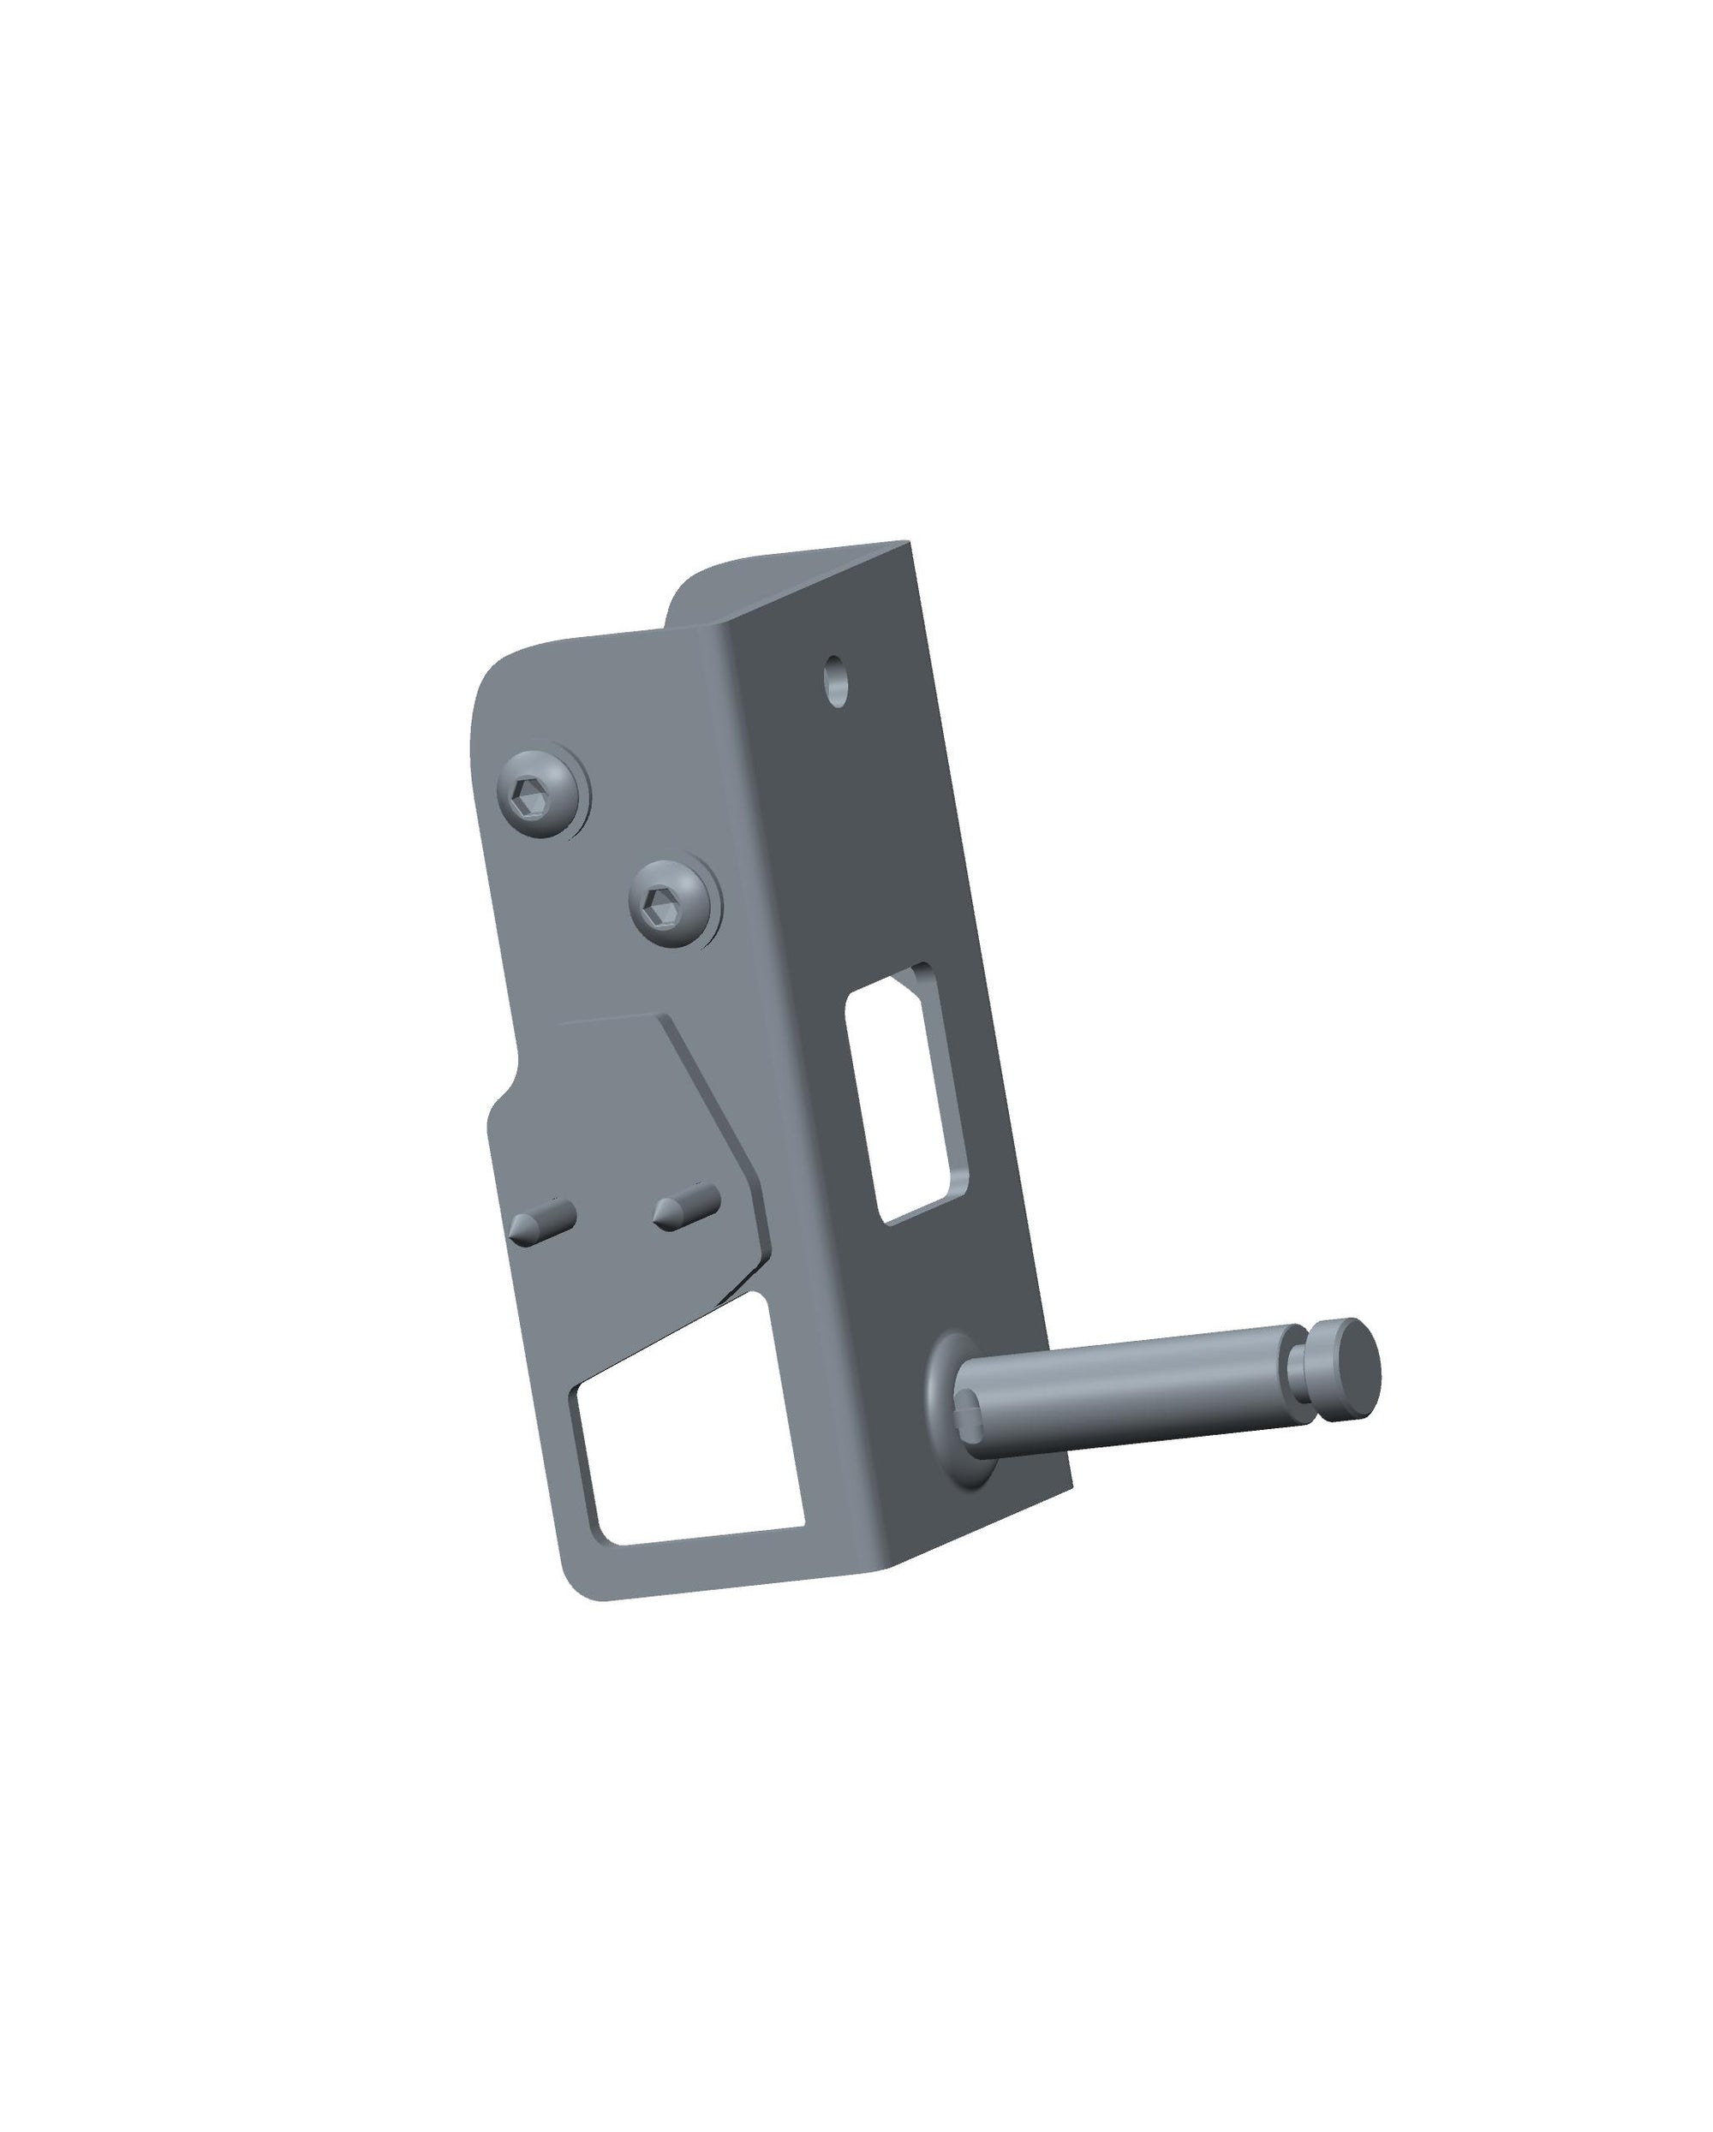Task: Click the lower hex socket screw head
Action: [x=671, y=902]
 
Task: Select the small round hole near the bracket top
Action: [x=839, y=681]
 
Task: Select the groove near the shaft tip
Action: [x=1298, y=1371]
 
